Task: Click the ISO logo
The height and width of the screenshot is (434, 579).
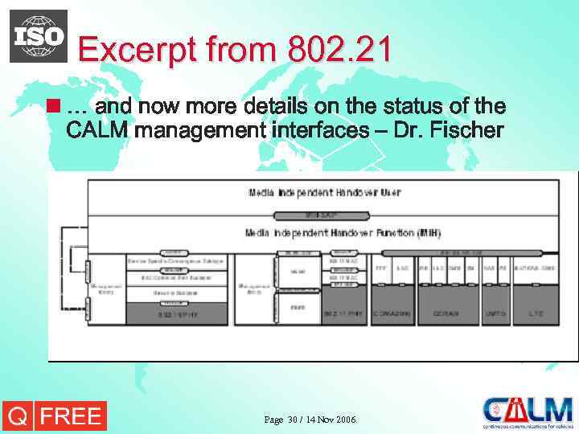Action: [x=39, y=36]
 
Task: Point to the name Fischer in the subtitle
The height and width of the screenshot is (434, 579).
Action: [x=465, y=129]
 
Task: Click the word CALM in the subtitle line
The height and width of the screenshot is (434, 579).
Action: [x=97, y=129]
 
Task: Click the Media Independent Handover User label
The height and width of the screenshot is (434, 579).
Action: [x=324, y=193]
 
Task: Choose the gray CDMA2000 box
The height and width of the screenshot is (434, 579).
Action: [x=392, y=313]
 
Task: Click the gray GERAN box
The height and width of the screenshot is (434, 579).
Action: [x=446, y=313]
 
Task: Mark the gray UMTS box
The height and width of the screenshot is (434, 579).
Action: [x=495, y=313]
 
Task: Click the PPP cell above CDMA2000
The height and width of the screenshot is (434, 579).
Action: [x=381, y=267]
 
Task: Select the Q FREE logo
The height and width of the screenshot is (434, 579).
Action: [x=55, y=416]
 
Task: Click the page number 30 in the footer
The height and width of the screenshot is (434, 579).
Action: [x=292, y=420]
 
